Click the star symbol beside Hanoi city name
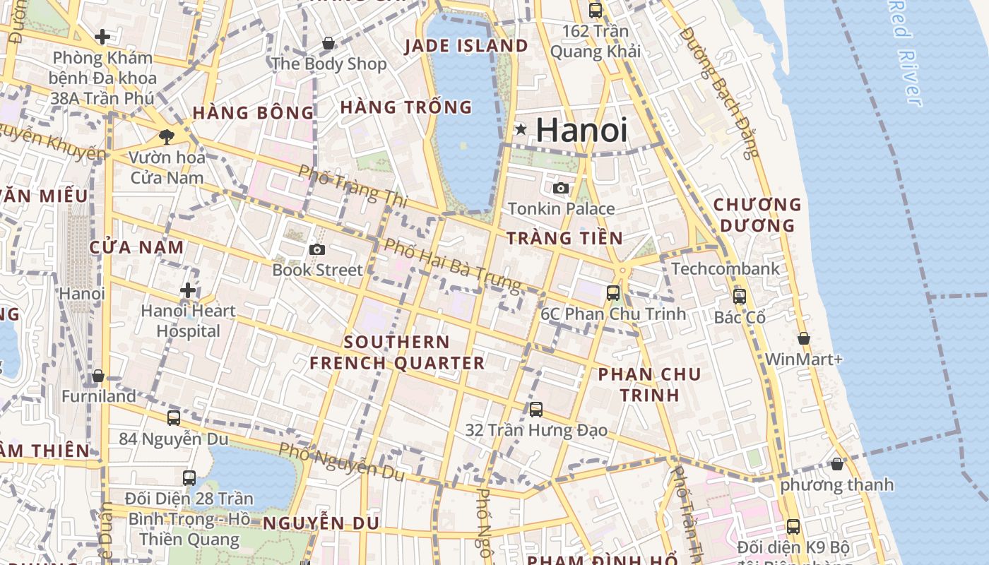(x=521, y=129)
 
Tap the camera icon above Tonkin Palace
(x=561, y=188)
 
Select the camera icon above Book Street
(x=317, y=249)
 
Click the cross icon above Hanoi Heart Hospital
(x=188, y=290)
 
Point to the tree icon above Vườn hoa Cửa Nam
(x=167, y=136)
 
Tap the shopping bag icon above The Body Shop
(x=328, y=43)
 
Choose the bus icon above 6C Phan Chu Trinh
(x=613, y=292)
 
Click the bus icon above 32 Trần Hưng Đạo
(x=536, y=409)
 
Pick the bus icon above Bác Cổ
(x=740, y=297)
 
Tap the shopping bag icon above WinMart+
(x=803, y=338)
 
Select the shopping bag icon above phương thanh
(x=837, y=464)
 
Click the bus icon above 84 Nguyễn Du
(x=174, y=417)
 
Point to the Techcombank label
(x=726, y=268)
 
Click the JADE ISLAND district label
(x=466, y=46)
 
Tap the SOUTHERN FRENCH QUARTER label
(x=397, y=352)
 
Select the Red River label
(x=906, y=53)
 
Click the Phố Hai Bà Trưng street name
(x=452, y=266)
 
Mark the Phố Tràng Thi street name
(x=353, y=186)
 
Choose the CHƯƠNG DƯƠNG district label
(x=757, y=215)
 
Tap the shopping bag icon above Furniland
(x=98, y=376)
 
